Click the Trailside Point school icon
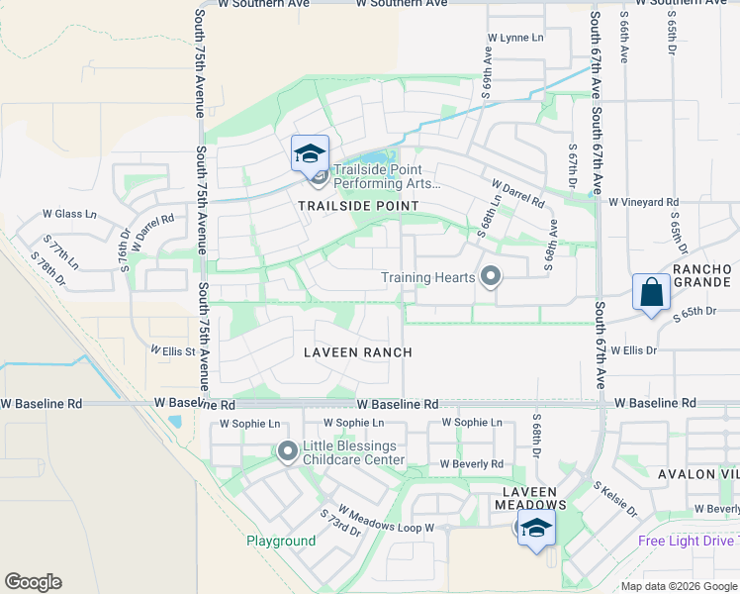tap(310, 153)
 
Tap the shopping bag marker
tap(651, 292)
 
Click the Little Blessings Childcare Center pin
tap(288, 452)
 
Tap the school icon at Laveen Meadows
tap(536, 528)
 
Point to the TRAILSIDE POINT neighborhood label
tap(358, 206)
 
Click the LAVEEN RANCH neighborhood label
tap(358, 352)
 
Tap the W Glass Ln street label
tap(69, 214)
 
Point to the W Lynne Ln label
tap(515, 38)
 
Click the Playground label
tap(281, 542)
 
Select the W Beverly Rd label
tap(472, 463)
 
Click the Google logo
tap(33, 582)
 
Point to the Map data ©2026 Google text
tap(679, 587)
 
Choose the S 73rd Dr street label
tap(340, 522)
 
